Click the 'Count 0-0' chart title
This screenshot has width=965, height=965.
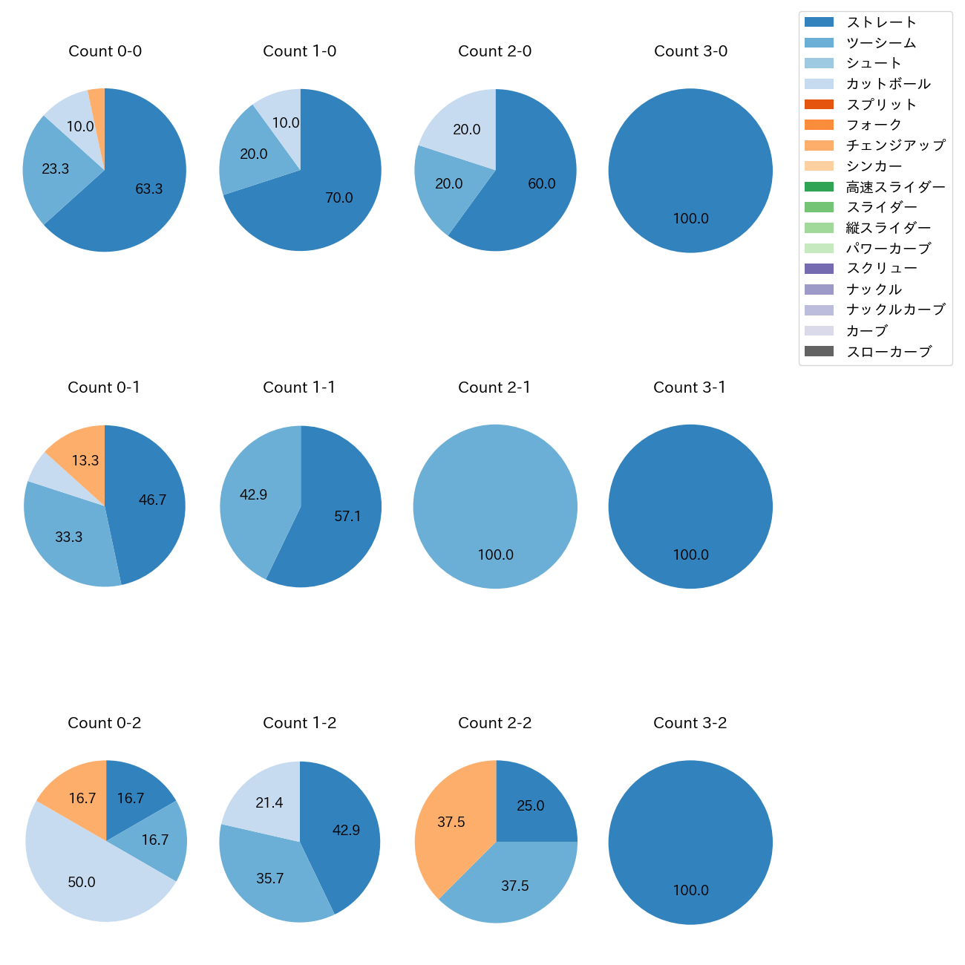pyautogui.click(x=105, y=51)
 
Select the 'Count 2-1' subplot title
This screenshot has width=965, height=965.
pyautogui.click(x=494, y=387)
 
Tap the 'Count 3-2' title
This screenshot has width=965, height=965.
pyautogui.click(x=690, y=723)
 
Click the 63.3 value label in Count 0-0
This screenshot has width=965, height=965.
pyautogui.click(x=148, y=189)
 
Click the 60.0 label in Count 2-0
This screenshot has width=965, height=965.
pyautogui.click(x=541, y=184)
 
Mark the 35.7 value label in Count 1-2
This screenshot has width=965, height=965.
pyautogui.click(x=269, y=879)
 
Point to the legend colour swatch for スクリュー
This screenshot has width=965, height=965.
pyautogui.click(x=819, y=269)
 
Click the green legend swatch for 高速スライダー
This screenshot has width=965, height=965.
pyautogui.click(x=819, y=187)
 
